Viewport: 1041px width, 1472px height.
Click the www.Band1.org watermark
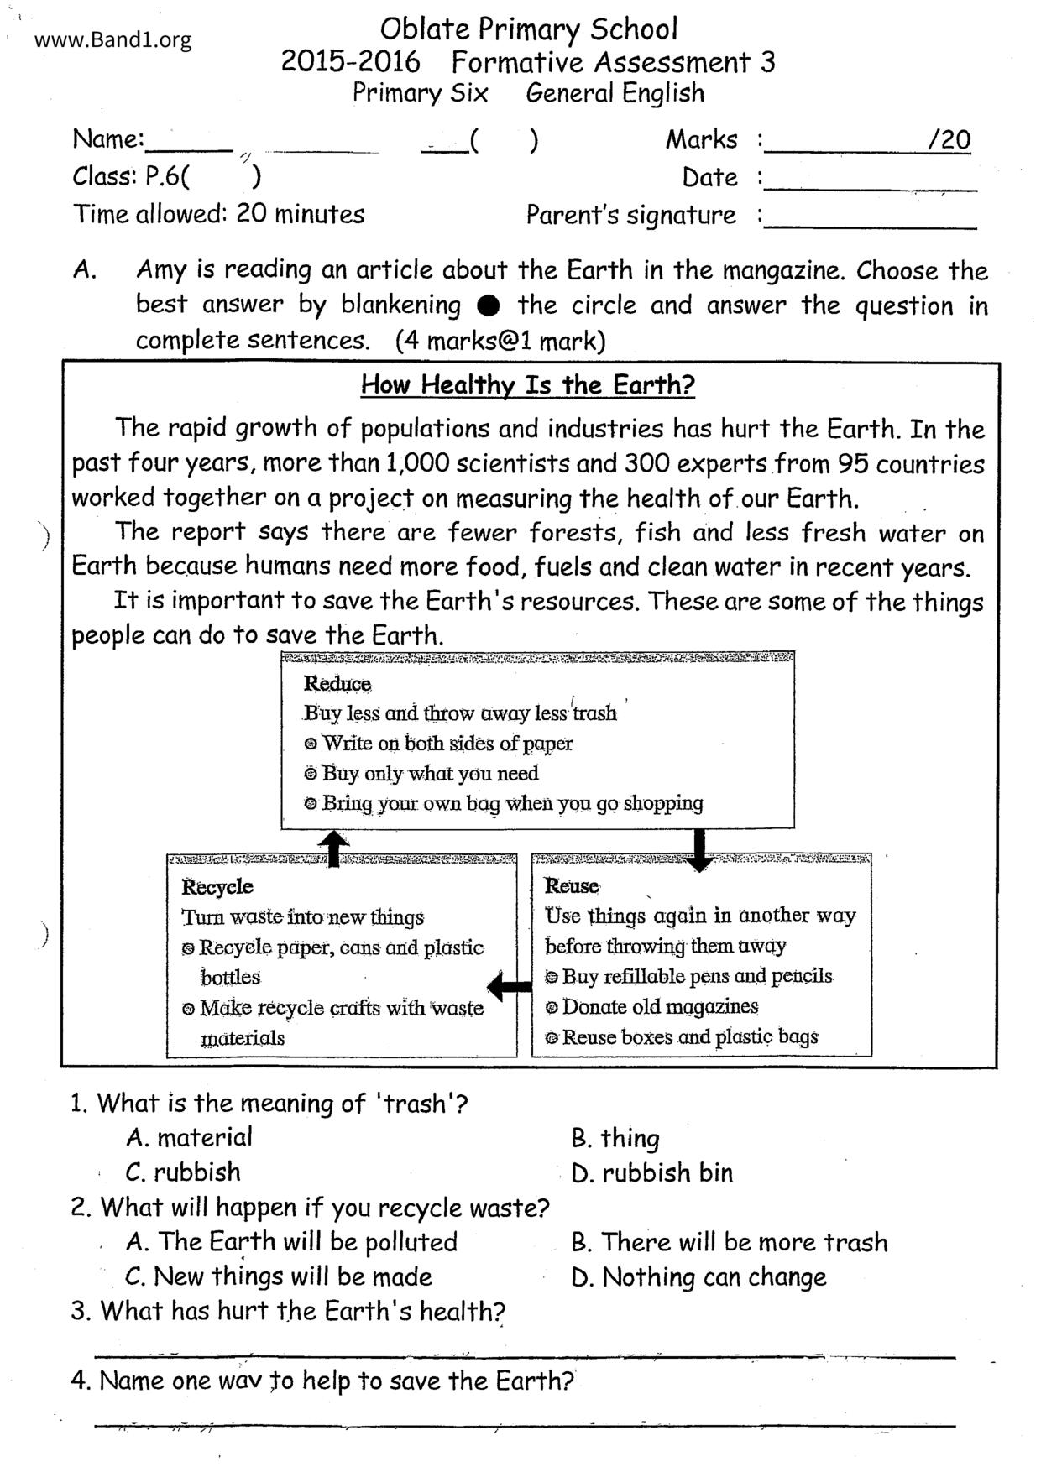coord(113,39)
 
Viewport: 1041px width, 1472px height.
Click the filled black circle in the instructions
coord(489,305)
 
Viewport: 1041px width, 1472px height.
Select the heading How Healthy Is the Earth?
coord(528,385)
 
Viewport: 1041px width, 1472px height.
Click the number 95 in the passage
coord(849,463)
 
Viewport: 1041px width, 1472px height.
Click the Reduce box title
coord(337,684)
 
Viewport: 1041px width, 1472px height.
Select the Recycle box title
coord(217,887)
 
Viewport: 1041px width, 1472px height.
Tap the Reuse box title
coord(572,886)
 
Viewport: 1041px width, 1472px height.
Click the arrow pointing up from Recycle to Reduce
coord(334,848)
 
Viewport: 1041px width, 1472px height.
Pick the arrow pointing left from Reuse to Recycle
coord(509,985)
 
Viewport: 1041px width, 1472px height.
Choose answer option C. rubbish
coord(183,1172)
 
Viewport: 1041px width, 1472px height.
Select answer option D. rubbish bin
coord(651,1172)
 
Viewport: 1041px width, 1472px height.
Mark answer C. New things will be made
coord(278,1276)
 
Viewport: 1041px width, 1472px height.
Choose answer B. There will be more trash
coord(729,1242)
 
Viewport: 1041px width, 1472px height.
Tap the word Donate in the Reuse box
coord(594,1006)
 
